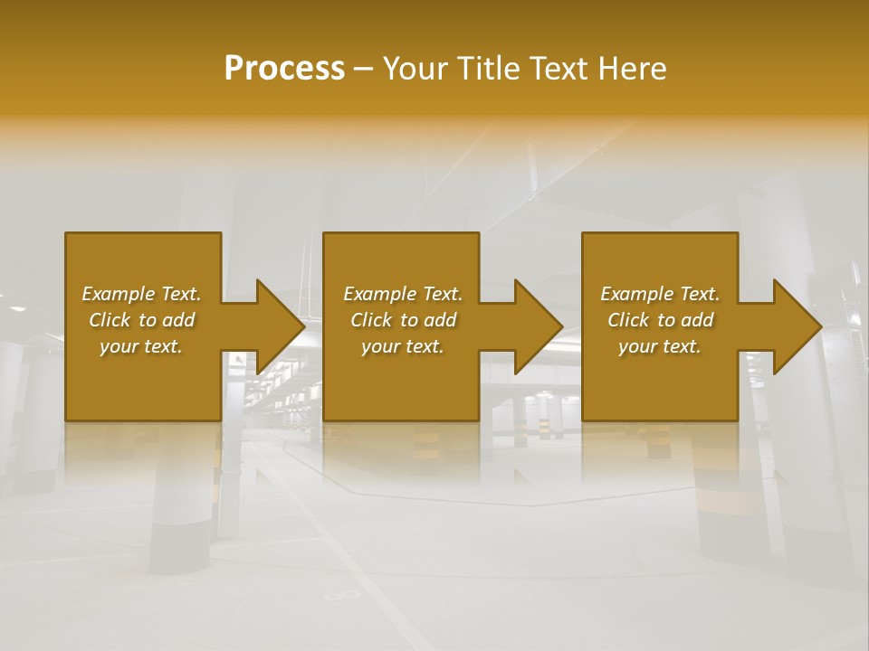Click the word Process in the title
[284, 69]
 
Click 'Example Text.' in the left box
[141, 294]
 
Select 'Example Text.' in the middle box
[403, 294]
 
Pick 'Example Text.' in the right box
[660, 294]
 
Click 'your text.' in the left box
[141, 346]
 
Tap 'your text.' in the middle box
[403, 346]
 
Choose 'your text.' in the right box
[660, 346]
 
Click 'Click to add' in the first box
[141, 320]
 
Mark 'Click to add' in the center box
[403, 320]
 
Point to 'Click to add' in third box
[660, 320]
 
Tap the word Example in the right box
[636, 294]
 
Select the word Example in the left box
[118, 294]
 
